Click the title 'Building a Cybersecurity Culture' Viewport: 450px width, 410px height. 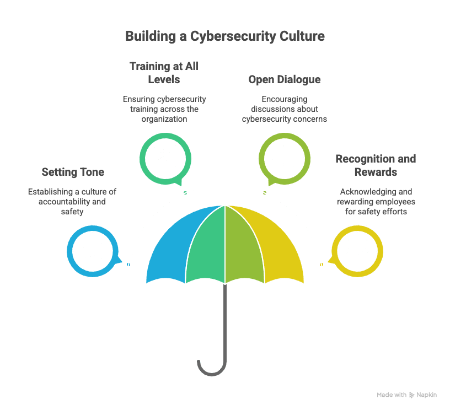pyautogui.click(x=224, y=37)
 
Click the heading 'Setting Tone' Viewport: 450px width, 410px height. pyautogui.click(x=73, y=172)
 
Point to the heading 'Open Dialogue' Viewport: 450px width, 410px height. pyautogui.click(x=284, y=80)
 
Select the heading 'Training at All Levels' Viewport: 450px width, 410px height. pyautogui.click(x=164, y=73)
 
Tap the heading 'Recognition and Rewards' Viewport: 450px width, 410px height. pyautogui.click(x=376, y=165)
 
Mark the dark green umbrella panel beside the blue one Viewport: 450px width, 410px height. pyautogui.click(x=210, y=245)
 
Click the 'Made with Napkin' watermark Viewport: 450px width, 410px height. pyautogui.click(x=406, y=395)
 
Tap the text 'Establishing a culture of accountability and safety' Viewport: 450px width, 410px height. pyautogui.click(x=72, y=201)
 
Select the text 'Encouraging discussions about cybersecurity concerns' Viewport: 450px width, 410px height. pyautogui.click(x=284, y=109)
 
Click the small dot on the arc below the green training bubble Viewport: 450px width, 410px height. pyautogui.click(x=185, y=192)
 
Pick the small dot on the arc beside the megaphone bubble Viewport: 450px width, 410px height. pyautogui.click(x=128, y=265)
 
